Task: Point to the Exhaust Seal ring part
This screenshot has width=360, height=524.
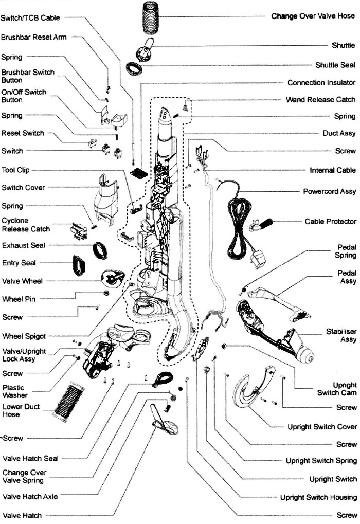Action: click(100, 250)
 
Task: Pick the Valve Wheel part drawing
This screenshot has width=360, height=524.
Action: click(113, 278)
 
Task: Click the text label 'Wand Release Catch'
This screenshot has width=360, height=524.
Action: click(320, 100)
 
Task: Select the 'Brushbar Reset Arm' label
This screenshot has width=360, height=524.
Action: click(34, 38)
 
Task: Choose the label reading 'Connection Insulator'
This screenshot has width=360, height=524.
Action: click(321, 83)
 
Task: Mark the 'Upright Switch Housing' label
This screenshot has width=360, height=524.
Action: click(318, 497)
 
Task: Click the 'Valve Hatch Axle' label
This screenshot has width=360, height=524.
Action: click(30, 497)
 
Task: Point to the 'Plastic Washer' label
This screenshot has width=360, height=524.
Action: click(14, 392)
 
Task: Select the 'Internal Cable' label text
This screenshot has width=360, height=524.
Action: click(332, 170)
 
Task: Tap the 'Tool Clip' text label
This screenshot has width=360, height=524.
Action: click(15, 170)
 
